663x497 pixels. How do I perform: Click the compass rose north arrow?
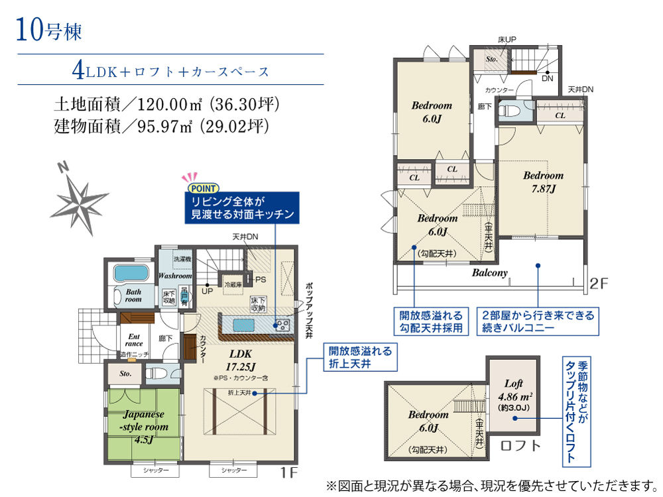81,197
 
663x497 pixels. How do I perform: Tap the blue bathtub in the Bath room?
133,273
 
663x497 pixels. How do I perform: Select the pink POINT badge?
199,187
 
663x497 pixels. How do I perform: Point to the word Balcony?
489,273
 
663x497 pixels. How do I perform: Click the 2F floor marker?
599,285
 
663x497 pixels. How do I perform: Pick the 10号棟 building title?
46,30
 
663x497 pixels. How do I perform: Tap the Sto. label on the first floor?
125,374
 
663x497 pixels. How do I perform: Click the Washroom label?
175,276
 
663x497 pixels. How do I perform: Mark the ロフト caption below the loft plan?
520,445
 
